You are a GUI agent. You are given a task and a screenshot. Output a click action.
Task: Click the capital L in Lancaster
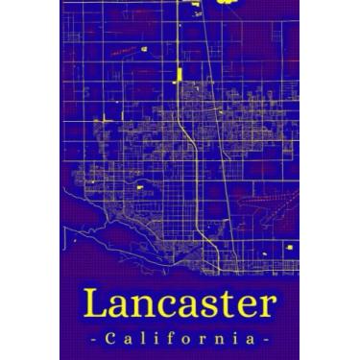click(x=94, y=304)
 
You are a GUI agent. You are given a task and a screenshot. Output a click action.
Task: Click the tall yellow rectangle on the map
click(x=178, y=75)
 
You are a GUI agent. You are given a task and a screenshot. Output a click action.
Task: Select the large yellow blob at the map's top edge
click(x=228, y=3)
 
